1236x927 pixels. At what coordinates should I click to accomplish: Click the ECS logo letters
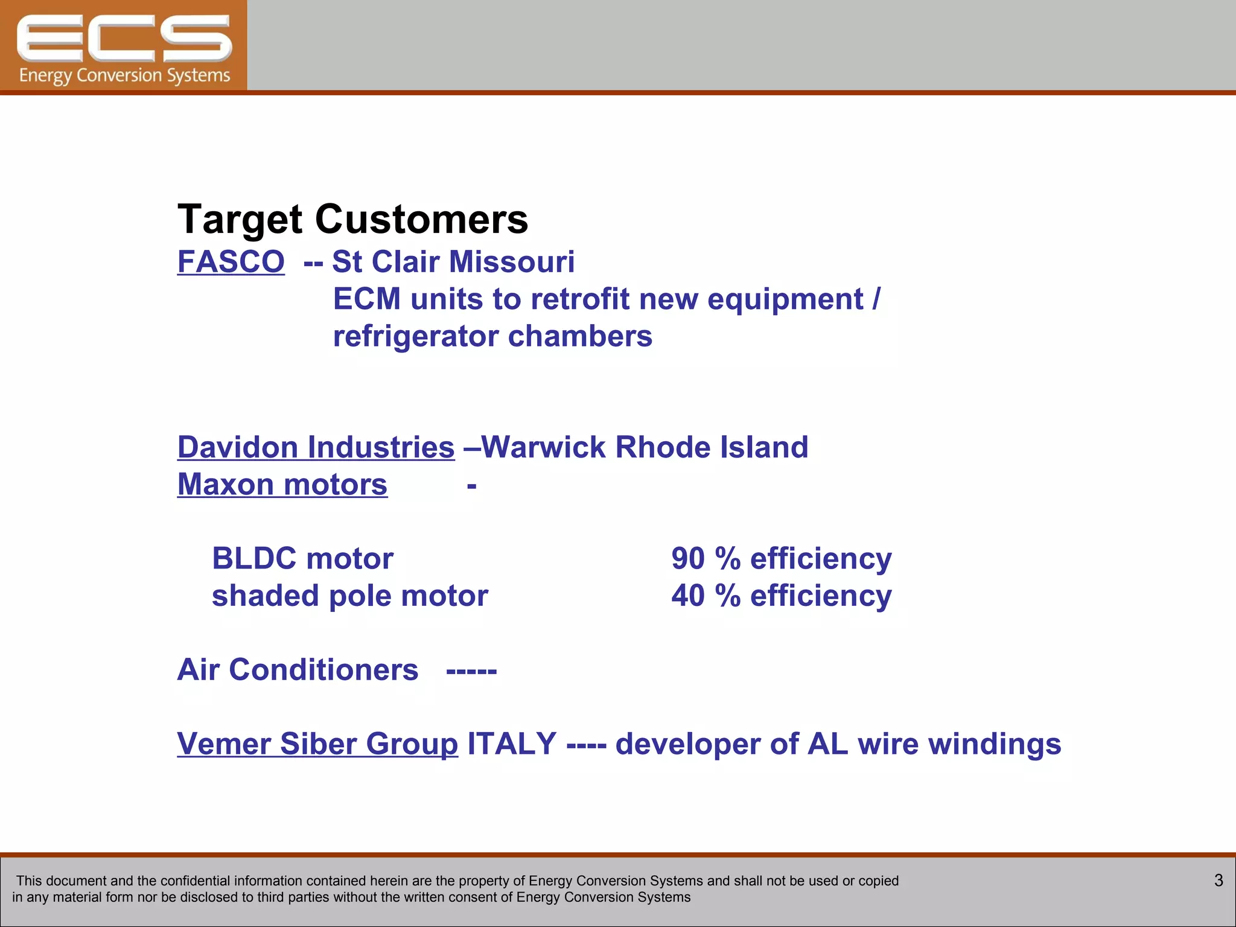124,39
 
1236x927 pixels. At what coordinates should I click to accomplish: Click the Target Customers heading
352,219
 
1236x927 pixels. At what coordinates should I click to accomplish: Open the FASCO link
231,262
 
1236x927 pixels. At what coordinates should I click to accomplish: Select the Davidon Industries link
316,448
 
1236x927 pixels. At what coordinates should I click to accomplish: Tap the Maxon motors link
282,485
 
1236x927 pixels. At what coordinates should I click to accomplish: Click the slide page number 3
1218,881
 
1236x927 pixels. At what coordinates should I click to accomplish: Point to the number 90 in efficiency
688,559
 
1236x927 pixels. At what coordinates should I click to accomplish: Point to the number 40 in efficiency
688,596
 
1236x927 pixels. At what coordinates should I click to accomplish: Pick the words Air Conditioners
298,670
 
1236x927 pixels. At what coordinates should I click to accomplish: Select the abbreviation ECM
367,299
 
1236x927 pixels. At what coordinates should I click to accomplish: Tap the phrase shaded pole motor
350,596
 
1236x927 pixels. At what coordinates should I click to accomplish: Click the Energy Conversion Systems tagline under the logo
124,76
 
